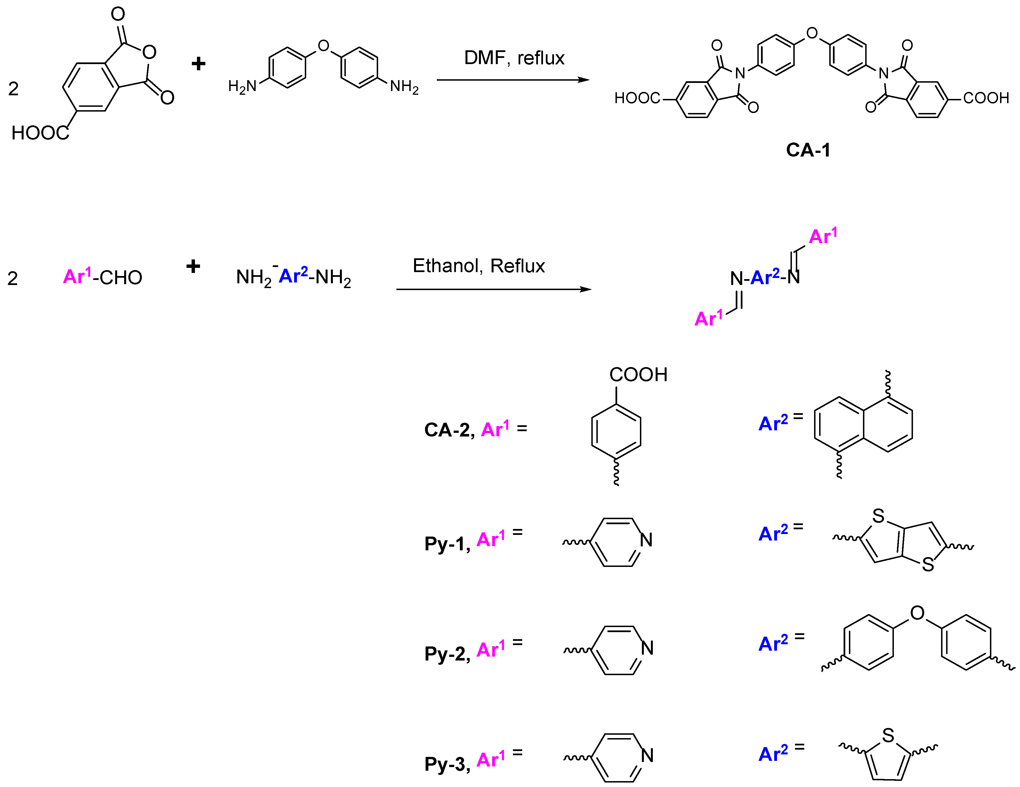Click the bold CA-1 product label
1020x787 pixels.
pos(808,150)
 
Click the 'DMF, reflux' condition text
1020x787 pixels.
pos(514,58)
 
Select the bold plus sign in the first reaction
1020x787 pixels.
pos(199,64)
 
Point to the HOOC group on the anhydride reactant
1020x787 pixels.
pos(40,133)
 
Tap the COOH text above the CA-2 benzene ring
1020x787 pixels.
pos(638,374)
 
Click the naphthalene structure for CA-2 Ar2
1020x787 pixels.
pos(863,424)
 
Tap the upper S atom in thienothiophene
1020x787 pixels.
pos(878,516)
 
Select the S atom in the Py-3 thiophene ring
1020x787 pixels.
pos(888,736)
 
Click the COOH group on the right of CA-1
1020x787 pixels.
pos(985,98)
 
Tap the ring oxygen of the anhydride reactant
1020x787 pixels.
pos(149,52)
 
